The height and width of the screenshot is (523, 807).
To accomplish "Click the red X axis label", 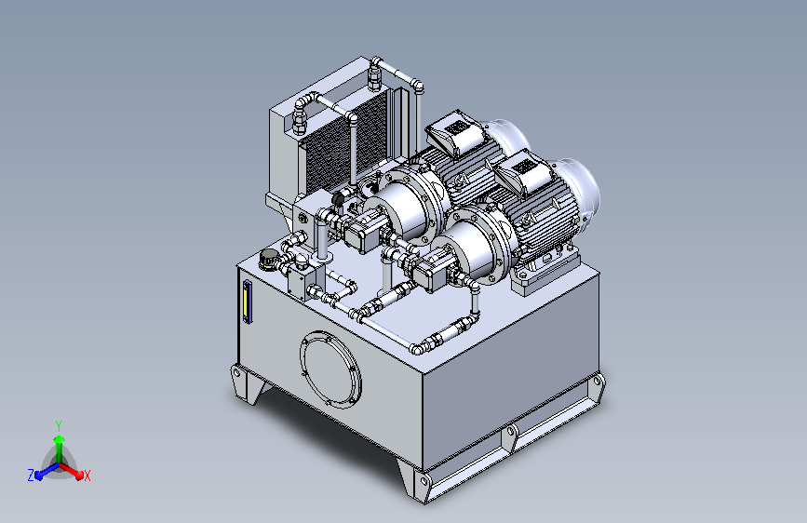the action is coord(87,476).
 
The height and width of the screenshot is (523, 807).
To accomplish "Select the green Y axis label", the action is coord(59,425).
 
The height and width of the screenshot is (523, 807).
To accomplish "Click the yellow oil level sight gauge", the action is coord(247,302).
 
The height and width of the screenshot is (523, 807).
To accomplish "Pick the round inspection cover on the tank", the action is coord(330,369).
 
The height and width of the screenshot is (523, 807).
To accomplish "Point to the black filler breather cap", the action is coord(268,259).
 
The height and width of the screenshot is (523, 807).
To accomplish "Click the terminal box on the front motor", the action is coord(521,171).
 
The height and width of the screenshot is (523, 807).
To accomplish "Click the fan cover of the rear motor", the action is coord(508,138).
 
